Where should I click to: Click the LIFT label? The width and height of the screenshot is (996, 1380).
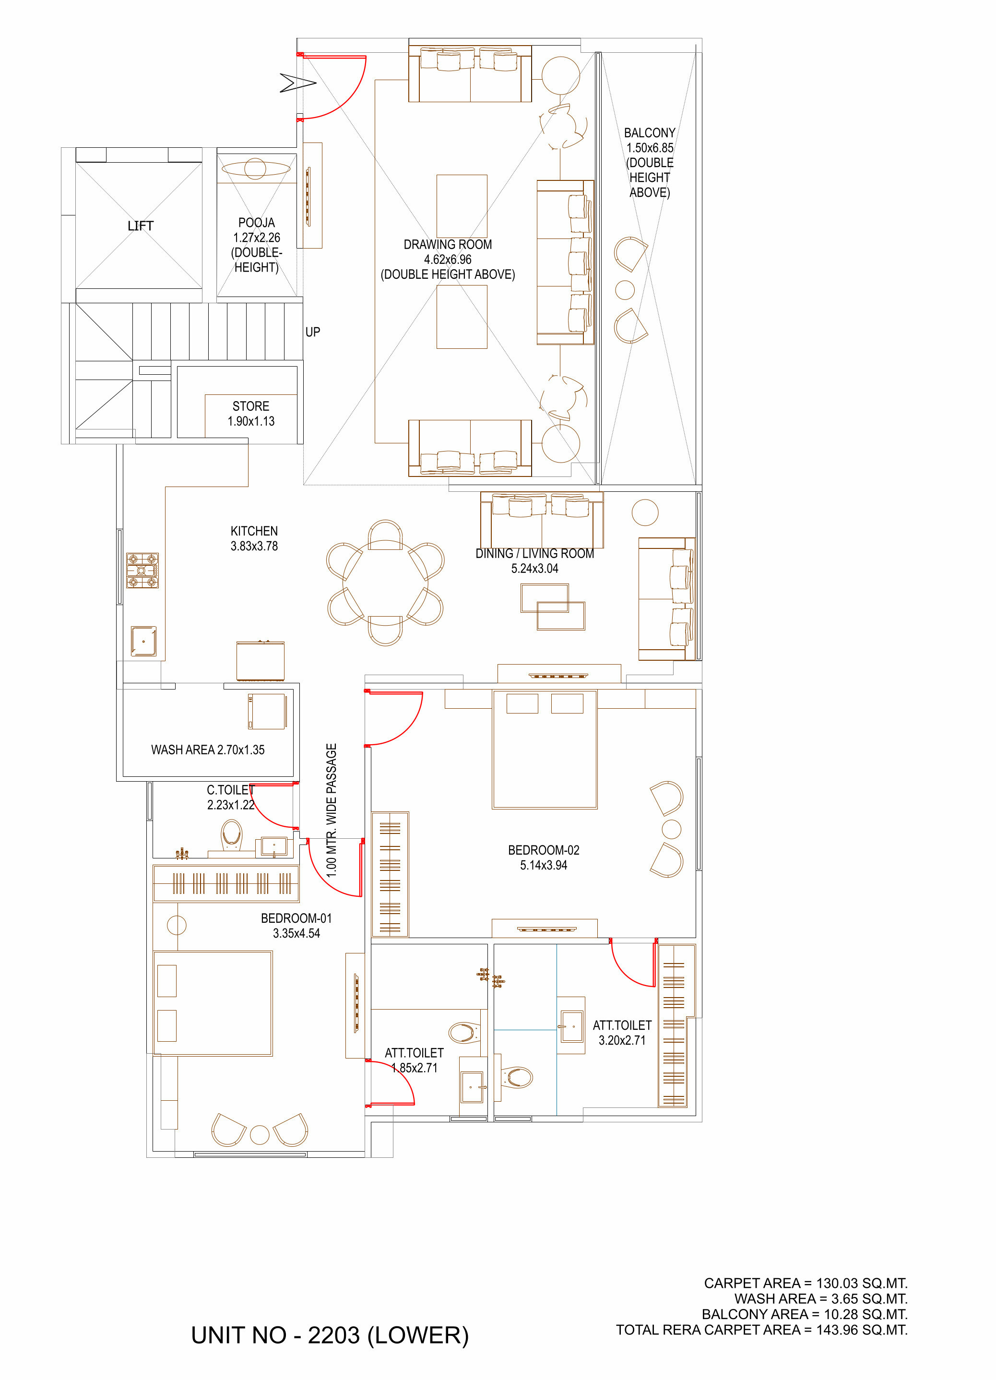pyautogui.click(x=141, y=226)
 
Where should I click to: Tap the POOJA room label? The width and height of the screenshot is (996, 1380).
pyautogui.click(x=256, y=223)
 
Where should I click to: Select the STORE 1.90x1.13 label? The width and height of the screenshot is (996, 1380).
pyautogui.click(x=250, y=413)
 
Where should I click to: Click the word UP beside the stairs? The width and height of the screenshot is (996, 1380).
pyautogui.click(x=313, y=332)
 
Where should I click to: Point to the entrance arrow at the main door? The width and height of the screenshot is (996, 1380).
pyautogui.click(x=297, y=83)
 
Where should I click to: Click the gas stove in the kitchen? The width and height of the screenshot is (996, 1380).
pyautogui.click(x=142, y=570)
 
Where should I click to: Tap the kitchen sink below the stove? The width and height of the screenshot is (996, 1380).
pyautogui.click(x=143, y=642)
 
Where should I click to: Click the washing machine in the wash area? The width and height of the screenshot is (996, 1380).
pyautogui.click(x=266, y=711)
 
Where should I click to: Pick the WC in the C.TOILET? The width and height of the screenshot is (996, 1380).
pyautogui.click(x=231, y=835)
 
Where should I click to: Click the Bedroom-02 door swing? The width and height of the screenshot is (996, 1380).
pyautogui.click(x=394, y=718)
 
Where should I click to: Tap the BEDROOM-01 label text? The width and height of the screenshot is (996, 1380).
pyautogui.click(x=296, y=918)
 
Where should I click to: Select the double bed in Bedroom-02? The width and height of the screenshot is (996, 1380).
pyautogui.click(x=545, y=749)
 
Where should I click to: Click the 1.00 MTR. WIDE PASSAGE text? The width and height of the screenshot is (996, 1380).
pyautogui.click(x=331, y=810)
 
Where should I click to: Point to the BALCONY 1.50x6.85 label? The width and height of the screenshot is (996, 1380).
pyautogui.click(x=650, y=140)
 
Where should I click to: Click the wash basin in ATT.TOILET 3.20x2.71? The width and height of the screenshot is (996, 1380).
pyautogui.click(x=572, y=1026)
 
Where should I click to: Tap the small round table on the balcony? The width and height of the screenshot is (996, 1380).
pyautogui.click(x=625, y=290)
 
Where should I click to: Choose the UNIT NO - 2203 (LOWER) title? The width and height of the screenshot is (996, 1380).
pyautogui.click(x=330, y=1335)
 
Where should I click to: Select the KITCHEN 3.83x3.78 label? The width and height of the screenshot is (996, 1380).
pyautogui.click(x=254, y=538)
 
